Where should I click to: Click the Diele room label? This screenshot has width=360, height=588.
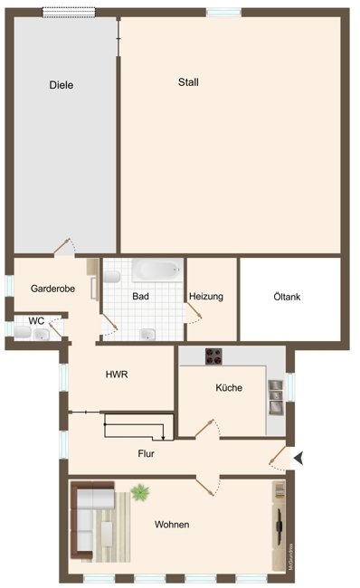click(x=62, y=85)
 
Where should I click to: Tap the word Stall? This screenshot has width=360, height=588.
click(x=188, y=82)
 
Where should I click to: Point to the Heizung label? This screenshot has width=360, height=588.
click(x=206, y=297)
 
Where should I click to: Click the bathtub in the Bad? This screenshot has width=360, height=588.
click(x=156, y=270)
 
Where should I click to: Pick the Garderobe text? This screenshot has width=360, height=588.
click(x=52, y=289)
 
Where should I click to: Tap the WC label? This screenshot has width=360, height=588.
click(x=36, y=320)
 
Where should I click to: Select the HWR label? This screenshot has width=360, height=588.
click(x=117, y=374)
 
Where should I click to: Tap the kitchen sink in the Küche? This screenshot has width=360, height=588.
click(x=275, y=391)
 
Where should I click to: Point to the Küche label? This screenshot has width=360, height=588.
click(x=229, y=388)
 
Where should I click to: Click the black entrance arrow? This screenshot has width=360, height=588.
click(x=299, y=460)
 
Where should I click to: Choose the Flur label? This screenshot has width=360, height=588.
click(x=147, y=454)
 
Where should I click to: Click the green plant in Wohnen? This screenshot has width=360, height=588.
click(x=140, y=493)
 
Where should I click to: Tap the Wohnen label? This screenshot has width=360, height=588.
click(x=172, y=525)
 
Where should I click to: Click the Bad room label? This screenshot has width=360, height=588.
click(x=140, y=297)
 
